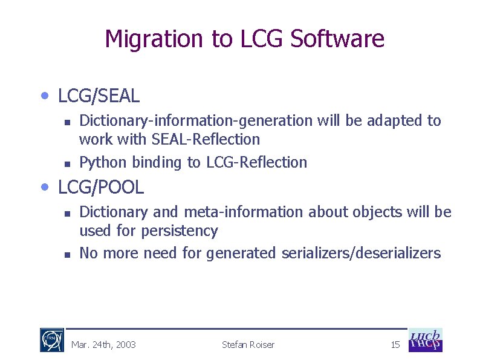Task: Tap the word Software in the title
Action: coord(337,39)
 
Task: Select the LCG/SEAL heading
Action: coord(99,96)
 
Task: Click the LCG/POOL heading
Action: coord(101,188)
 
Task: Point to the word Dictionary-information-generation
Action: coord(196,121)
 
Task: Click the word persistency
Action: coord(179,231)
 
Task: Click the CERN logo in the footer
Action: coord(52,340)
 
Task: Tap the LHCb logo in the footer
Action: coord(426,340)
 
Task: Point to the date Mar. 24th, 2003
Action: coord(103,345)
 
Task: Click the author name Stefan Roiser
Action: coord(248,345)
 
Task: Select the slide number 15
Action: coord(395,345)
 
